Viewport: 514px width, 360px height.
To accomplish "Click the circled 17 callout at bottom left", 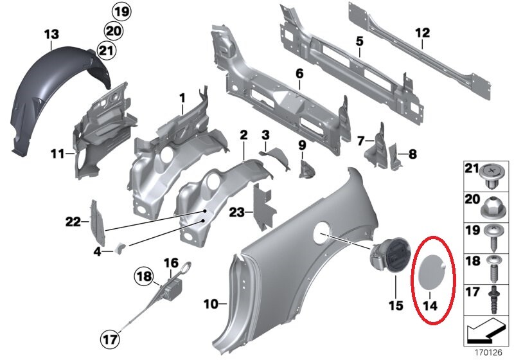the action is point(109,339).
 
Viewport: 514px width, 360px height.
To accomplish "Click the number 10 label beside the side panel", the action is point(211,304).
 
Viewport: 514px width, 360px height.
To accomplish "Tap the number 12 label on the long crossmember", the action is point(422,33).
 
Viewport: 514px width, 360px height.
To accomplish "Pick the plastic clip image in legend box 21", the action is point(492,176).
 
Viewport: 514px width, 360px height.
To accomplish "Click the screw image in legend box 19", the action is point(492,238).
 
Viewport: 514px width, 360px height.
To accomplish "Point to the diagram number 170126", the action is point(488,352).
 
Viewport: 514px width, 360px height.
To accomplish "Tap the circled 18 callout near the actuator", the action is point(143,276).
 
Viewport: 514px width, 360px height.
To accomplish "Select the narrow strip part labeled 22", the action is point(98,222).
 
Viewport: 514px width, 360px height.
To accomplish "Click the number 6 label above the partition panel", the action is point(299,73).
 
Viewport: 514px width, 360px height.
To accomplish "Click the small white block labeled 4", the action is point(120,248).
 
